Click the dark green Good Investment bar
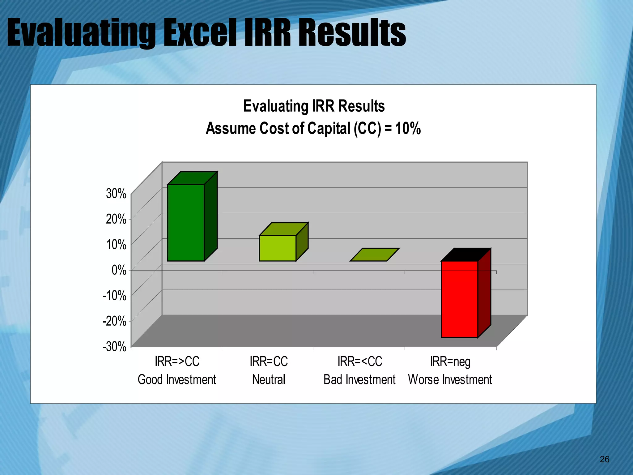(x=186, y=223)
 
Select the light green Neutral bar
(x=277, y=248)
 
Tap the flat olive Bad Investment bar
(x=374, y=255)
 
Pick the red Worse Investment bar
(x=459, y=299)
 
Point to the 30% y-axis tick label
(x=116, y=194)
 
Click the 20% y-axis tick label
(x=116, y=219)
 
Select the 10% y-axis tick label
(x=116, y=245)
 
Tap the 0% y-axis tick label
(x=119, y=270)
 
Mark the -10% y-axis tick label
(x=114, y=296)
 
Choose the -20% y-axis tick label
(x=114, y=321)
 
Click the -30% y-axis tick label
(x=114, y=347)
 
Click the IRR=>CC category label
(x=177, y=362)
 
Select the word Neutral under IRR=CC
(x=269, y=379)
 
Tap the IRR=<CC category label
(x=360, y=362)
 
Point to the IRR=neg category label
(x=450, y=362)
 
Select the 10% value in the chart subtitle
(x=408, y=128)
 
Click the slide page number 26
(x=604, y=459)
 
